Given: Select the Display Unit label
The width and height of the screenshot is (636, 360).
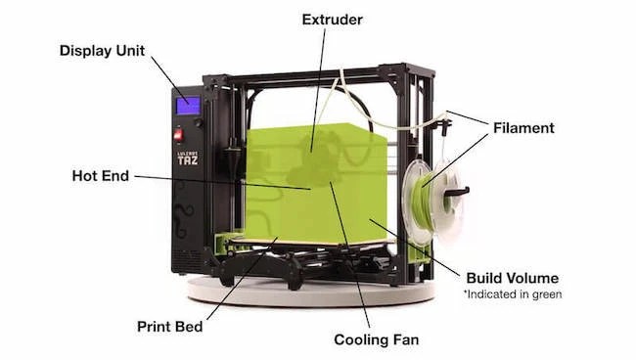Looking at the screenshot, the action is [103, 50].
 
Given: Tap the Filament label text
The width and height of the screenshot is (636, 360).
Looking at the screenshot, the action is [523, 127].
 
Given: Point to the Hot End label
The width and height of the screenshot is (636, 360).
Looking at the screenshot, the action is [98, 177].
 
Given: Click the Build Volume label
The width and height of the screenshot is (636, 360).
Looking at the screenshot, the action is [512, 278].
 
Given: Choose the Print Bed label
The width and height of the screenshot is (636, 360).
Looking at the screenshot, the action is [171, 326].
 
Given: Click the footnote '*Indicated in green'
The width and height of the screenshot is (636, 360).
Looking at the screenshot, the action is [512, 293].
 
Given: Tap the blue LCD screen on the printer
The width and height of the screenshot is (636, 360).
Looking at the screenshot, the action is [187, 105].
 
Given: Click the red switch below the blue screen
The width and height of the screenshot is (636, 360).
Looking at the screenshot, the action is [179, 134].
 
